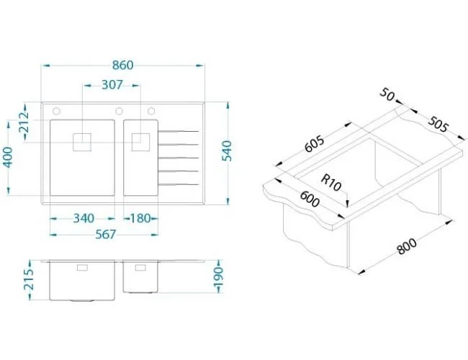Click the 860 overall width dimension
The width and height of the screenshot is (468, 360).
tap(122, 65)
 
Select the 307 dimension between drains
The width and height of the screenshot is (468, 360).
tap(112, 85)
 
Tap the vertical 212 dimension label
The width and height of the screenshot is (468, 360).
tap(24, 122)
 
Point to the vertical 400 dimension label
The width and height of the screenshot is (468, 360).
tap(7, 157)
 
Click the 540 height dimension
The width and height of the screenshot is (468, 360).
tap(227, 150)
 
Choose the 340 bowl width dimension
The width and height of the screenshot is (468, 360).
tap(84, 218)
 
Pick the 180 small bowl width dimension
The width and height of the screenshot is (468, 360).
tap(140, 218)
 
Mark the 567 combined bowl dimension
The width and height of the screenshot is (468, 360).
tap(105, 235)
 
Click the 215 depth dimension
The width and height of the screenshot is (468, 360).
tap(29, 279)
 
